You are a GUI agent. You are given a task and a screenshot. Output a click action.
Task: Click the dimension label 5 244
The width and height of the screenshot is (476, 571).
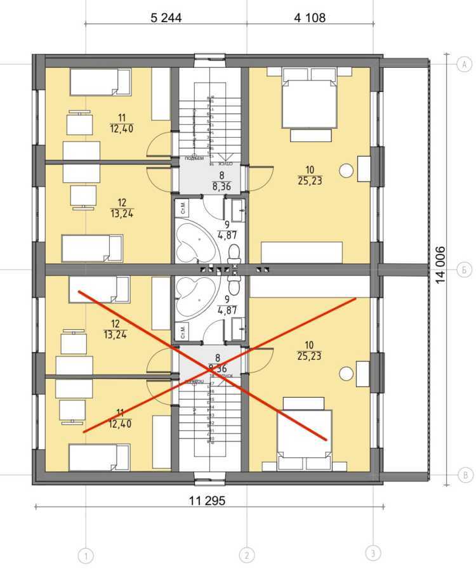coord(166,18)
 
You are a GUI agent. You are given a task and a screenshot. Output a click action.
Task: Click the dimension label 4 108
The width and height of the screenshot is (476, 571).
coord(310,18)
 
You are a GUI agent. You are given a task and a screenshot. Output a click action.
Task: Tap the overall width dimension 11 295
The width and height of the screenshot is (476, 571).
coord(207,501)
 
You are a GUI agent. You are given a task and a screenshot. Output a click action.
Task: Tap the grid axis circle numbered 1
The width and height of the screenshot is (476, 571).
coord(86,556)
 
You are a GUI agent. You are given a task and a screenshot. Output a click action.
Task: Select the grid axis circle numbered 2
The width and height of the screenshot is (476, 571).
coord(246,556)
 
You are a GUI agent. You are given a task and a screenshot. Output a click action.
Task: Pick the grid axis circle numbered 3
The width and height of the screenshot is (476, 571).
coord(374,553)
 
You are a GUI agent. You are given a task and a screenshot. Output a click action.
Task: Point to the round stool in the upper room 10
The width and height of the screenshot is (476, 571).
coord(346,170)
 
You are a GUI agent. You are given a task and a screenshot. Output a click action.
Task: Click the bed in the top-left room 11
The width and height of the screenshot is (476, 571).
coord(100,82)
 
